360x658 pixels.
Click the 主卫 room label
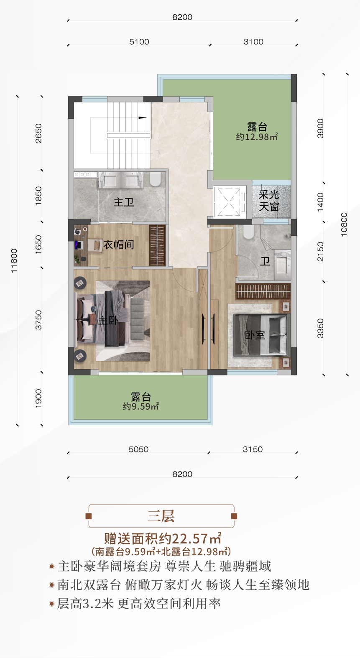click(124, 202)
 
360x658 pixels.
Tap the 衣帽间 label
click(119, 245)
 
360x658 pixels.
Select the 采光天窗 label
click(269, 201)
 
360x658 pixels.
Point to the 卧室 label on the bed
click(255, 335)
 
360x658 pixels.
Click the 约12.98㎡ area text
click(257, 137)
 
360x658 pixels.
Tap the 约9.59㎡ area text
click(140, 406)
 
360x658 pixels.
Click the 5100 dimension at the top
click(139, 42)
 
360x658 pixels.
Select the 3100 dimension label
click(253, 42)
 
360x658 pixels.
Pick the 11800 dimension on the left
click(14, 261)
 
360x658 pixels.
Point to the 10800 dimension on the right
click(344, 224)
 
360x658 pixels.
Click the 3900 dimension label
click(320, 128)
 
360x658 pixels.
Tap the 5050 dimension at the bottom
click(138, 449)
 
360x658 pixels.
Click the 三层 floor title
click(161, 516)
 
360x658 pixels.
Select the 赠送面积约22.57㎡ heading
click(163, 538)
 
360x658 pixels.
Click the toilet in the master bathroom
click(155, 179)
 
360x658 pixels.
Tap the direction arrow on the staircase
click(143, 117)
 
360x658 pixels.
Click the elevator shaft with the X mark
click(229, 202)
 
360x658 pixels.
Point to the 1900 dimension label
click(38, 398)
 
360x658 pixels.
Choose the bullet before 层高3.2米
click(52, 604)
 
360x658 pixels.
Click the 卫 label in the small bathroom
click(265, 262)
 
